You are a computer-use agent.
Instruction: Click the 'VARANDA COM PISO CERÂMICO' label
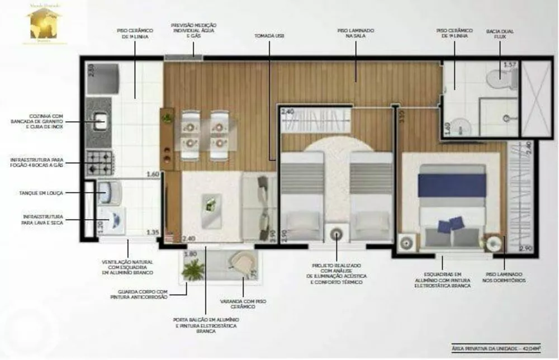point(243,304)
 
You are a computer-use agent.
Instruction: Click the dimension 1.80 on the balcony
point(190,254)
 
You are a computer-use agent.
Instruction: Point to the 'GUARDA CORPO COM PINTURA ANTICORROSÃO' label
point(143,295)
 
